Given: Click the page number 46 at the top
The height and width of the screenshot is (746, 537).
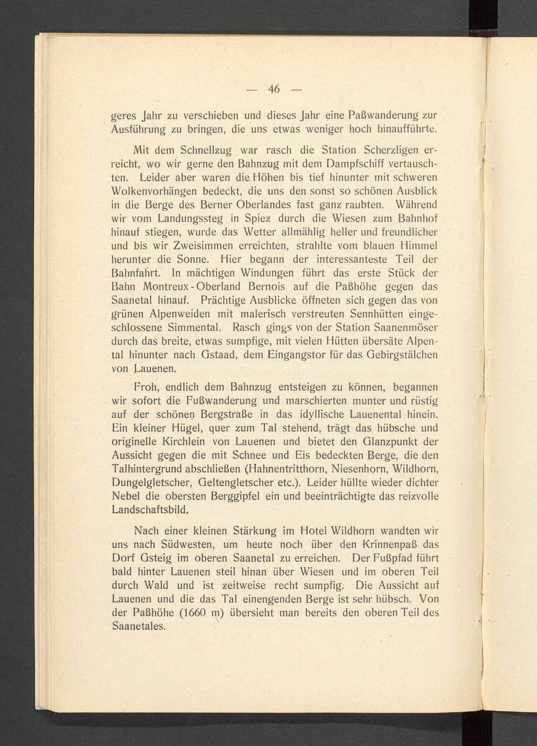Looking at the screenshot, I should coord(274,89).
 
